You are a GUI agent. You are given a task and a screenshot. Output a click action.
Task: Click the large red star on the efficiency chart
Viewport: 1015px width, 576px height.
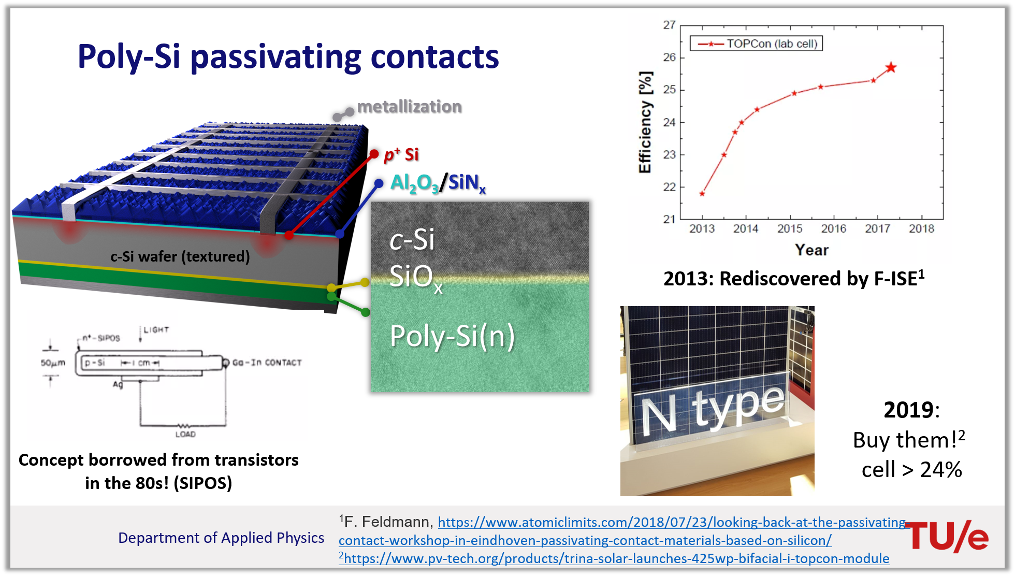[891, 67]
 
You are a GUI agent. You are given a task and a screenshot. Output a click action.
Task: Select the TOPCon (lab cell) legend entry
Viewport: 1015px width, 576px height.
[757, 44]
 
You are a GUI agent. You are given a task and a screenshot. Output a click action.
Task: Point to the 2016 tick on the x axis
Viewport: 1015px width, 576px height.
[834, 228]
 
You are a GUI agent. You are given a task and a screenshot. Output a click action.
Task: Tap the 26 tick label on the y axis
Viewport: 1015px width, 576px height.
[670, 57]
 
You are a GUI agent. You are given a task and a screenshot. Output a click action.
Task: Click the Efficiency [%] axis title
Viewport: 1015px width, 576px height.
[645, 122]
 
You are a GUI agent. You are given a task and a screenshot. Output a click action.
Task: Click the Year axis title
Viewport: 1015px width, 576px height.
[811, 250]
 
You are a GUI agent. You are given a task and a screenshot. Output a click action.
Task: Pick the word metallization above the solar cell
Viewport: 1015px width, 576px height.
[409, 107]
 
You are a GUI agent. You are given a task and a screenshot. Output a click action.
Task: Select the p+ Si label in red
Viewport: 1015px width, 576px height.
[401, 154]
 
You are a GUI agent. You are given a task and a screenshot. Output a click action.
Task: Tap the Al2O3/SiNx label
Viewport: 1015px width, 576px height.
[438, 183]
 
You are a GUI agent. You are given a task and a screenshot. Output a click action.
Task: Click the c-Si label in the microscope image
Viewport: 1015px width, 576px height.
[412, 239]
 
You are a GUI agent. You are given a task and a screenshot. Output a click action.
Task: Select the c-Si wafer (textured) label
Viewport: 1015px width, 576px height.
[180, 256]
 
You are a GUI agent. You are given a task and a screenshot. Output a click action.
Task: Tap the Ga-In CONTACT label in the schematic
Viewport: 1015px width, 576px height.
[267, 363]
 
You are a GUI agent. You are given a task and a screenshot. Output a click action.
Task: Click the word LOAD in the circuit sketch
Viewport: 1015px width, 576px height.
[185, 434]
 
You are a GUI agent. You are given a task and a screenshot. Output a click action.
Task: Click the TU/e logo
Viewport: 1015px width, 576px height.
[948, 536]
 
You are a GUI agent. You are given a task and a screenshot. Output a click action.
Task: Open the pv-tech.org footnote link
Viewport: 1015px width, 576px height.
[616, 558]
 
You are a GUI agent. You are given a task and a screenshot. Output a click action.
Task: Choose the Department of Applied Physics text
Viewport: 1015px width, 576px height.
[221, 538]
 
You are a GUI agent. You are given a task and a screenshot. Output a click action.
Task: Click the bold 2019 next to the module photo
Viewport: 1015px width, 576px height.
[909, 410]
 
